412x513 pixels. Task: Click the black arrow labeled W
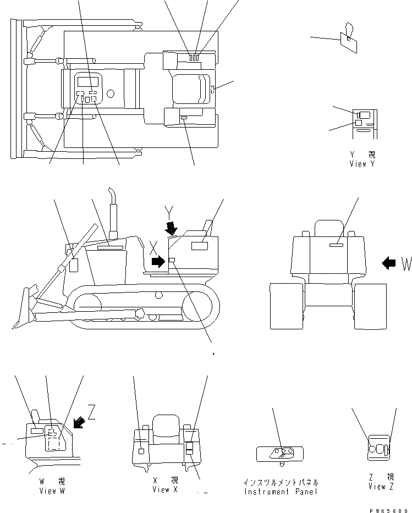point(388,263)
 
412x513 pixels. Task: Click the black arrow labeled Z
point(78,422)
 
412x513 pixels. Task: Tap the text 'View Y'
point(362,164)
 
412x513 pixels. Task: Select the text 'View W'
point(52,490)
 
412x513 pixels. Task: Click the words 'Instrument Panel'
point(281,490)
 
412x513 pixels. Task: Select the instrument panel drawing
point(280,454)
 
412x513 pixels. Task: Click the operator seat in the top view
point(190,89)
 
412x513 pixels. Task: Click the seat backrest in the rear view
point(329,228)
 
